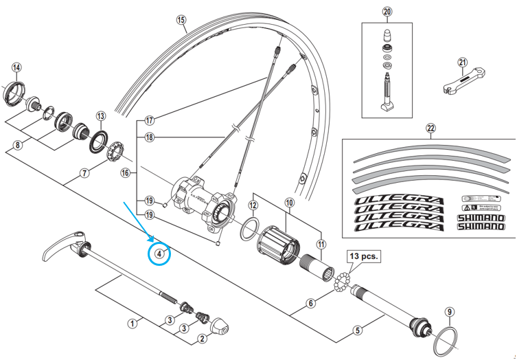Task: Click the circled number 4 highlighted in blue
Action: [x=159, y=254]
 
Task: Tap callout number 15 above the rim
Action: [x=181, y=20]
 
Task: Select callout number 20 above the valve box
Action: [x=387, y=12]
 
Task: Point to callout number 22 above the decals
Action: [x=430, y=128]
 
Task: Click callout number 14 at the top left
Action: [x=16, y=67]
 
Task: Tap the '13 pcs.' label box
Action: [x=363, y=258]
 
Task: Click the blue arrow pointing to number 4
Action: [x=141, y=223]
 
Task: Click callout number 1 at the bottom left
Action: [x=133, y=322]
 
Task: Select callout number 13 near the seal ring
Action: [x=101, y=116]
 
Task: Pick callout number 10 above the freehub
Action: [x=288, y=203]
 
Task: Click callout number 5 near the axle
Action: [x=358, y=330]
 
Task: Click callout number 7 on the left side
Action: [x=85, y=172]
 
